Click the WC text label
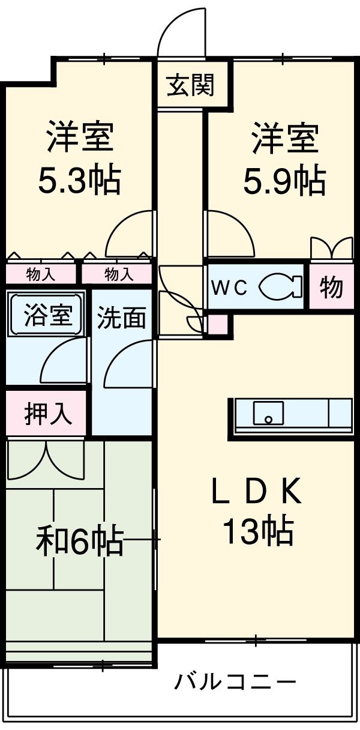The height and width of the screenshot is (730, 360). pyautogui.click(x=228, y=288)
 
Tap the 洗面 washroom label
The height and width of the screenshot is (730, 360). pyautogui.click(x=122, y=318)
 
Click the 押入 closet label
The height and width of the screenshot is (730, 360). pyautogui.click(x=48, y=414)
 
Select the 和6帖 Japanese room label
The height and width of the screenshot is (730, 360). pyautogui.click(x=80, y=541)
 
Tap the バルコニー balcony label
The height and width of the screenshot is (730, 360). pyautogui.click(x=235, y=682)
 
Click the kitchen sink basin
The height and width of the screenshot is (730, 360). pyautogui.click(x=268, y=413)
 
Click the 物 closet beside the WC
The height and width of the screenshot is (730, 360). pyautogui.click(x=331, y=288)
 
